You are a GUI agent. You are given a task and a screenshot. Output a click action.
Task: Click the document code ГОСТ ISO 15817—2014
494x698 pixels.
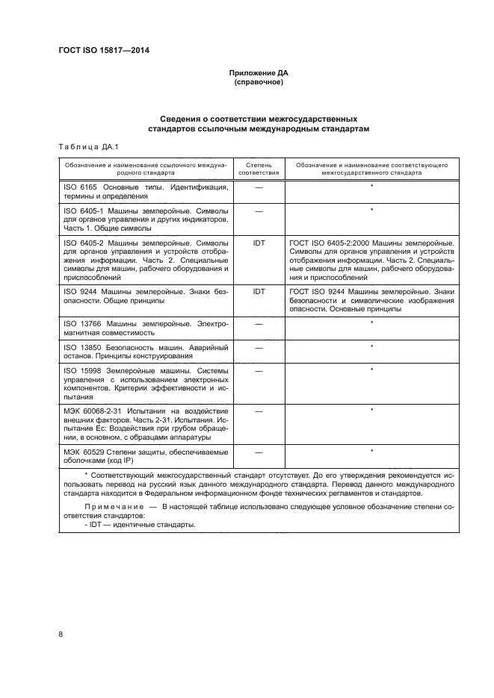(109, 52)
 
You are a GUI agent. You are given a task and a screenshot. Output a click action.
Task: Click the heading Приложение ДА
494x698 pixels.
(259, 73)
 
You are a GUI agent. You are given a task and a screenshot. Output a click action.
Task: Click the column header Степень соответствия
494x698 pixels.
(259, 167)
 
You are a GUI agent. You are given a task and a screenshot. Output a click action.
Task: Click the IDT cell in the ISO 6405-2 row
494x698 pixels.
(259, 243)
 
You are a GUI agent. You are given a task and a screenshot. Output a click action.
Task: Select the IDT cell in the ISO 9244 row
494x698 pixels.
(259, 290)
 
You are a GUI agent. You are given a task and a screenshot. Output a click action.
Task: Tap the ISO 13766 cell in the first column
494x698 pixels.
(78, 323)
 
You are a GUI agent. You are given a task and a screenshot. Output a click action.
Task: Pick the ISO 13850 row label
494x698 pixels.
(78, 347)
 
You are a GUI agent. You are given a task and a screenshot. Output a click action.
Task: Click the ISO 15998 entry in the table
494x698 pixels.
(78, 370)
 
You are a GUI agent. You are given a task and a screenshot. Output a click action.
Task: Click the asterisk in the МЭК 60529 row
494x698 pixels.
(371, 451)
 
